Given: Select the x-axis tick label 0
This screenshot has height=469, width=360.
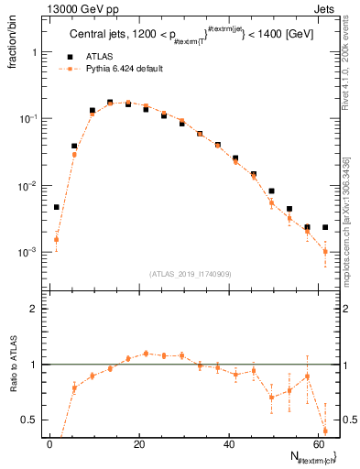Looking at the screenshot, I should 49,443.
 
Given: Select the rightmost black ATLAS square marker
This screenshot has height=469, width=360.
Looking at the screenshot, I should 325,227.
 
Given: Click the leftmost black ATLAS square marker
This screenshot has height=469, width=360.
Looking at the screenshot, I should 56,207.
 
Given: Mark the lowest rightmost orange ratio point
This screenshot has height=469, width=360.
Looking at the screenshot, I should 325,431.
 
